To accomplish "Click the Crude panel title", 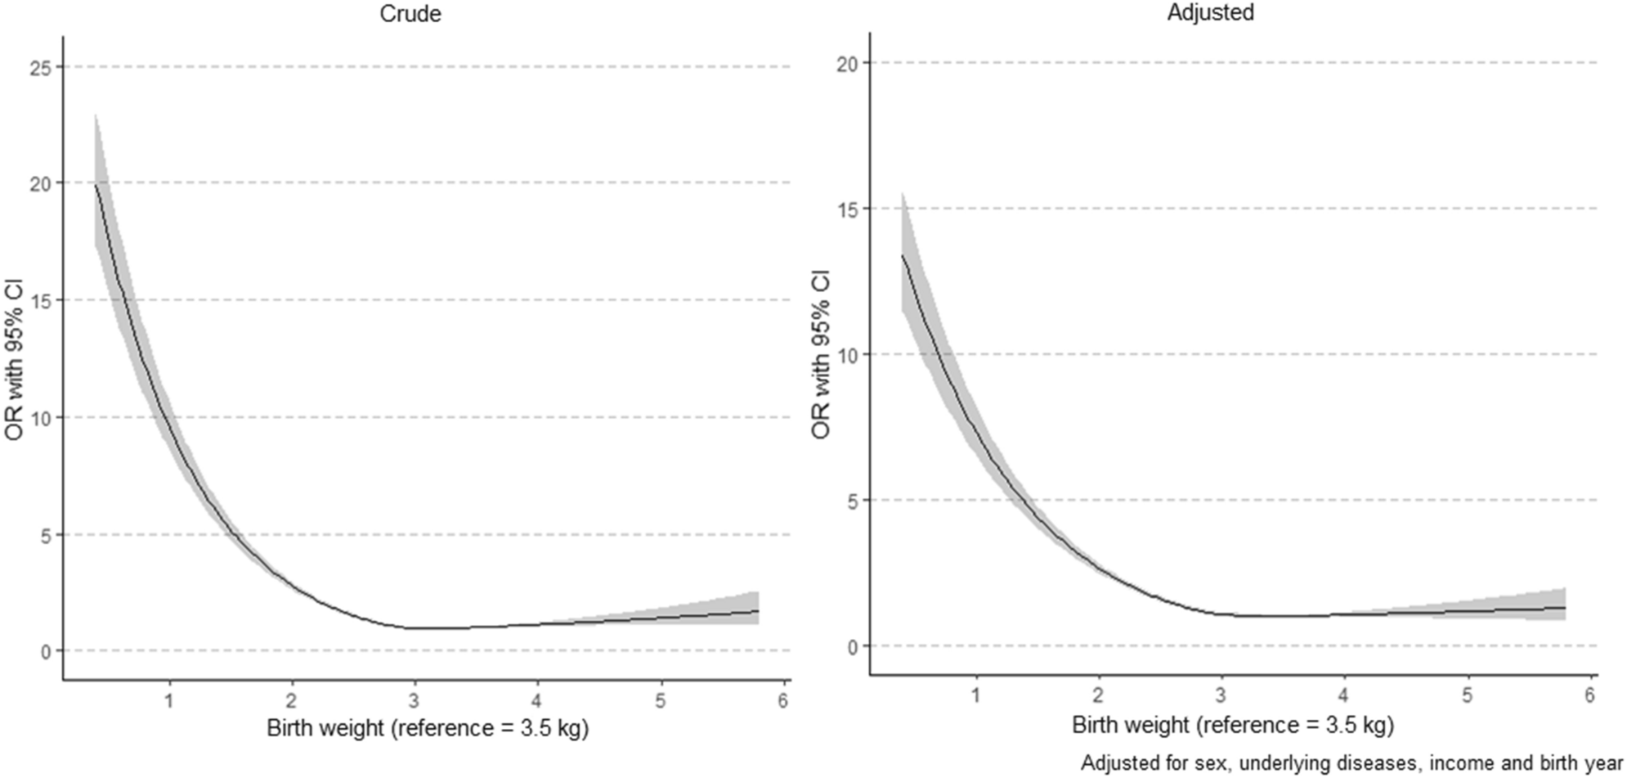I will click(410, 14).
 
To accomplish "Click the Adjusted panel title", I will click(1210, 13).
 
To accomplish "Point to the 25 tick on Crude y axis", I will click(41, 67).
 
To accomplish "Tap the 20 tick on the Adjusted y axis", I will click(847, 64).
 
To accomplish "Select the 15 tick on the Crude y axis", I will click(41, 301).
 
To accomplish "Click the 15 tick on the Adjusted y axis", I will click(847, 209).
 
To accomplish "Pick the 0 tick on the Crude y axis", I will click(46, 652).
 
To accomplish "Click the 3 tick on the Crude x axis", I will click(415, 700).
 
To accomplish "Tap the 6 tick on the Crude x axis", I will click(782, 700).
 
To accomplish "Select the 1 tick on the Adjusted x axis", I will click(975, 695).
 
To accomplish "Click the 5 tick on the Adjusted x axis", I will click(1467, 695).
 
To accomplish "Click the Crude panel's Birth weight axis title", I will click(428, 728).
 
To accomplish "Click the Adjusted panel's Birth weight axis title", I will click(1233, 725).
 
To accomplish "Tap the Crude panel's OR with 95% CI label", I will click(15, 360).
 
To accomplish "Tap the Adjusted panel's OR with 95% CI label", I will click(821, 353).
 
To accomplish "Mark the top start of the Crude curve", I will click(96, 185).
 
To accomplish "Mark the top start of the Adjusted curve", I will click(902, 255).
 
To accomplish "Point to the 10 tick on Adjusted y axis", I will click(847, 355).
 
